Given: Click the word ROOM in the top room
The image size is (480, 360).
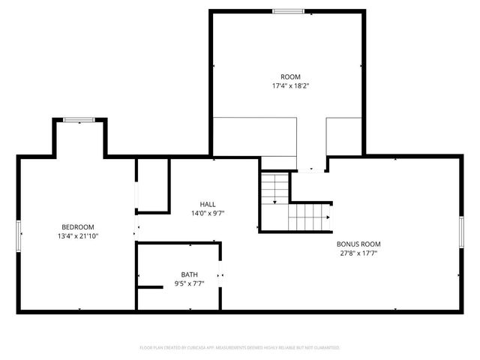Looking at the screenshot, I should (290, 76).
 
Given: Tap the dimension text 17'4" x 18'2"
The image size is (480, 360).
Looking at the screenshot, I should (290, 86).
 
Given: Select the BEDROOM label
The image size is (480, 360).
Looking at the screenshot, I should (78, 227).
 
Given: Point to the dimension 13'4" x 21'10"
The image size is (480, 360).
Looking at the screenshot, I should (78, 237).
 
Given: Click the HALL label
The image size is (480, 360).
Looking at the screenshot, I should (208, 204).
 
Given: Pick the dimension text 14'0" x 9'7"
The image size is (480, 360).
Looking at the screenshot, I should (208, 213).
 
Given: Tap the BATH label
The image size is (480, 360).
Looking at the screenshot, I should (190, 274).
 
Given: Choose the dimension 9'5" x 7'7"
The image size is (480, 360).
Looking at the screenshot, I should (190, 284).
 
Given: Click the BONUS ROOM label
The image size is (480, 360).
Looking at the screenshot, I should (359, 244).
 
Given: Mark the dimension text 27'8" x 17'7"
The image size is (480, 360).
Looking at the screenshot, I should (359, 253).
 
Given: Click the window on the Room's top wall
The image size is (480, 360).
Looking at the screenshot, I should (288, 11).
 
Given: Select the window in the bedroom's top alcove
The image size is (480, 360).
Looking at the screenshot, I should (78, 120).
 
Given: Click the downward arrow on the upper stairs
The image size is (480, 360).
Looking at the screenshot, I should (274, 200).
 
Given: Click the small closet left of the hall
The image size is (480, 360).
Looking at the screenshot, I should (152, 185).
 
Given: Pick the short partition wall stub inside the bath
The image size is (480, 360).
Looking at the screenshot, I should (150, 286).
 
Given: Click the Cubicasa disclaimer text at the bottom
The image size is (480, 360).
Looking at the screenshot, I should (240, 348).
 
